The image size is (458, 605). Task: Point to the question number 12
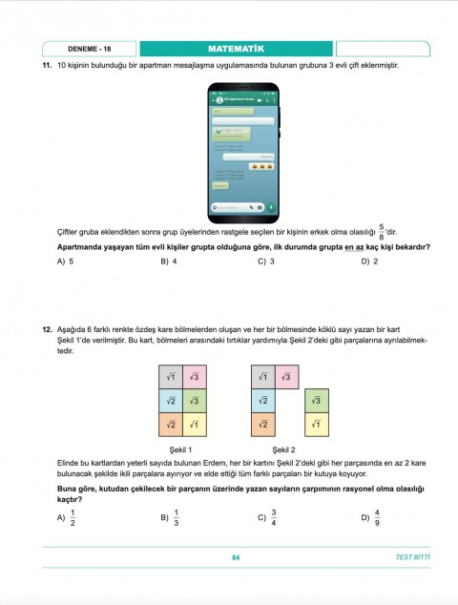pos(46,330)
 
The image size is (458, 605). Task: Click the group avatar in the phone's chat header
pos(219,99)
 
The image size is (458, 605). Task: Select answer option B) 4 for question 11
pos(169,261)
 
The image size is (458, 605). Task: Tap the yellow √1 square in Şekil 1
pos(194,425)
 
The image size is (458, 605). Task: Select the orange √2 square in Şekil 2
pos(262,425)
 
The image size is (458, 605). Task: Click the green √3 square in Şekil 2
pos(316,401)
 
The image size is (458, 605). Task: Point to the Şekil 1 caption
pos(180,449)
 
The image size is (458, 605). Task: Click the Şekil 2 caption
pos(283,449)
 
